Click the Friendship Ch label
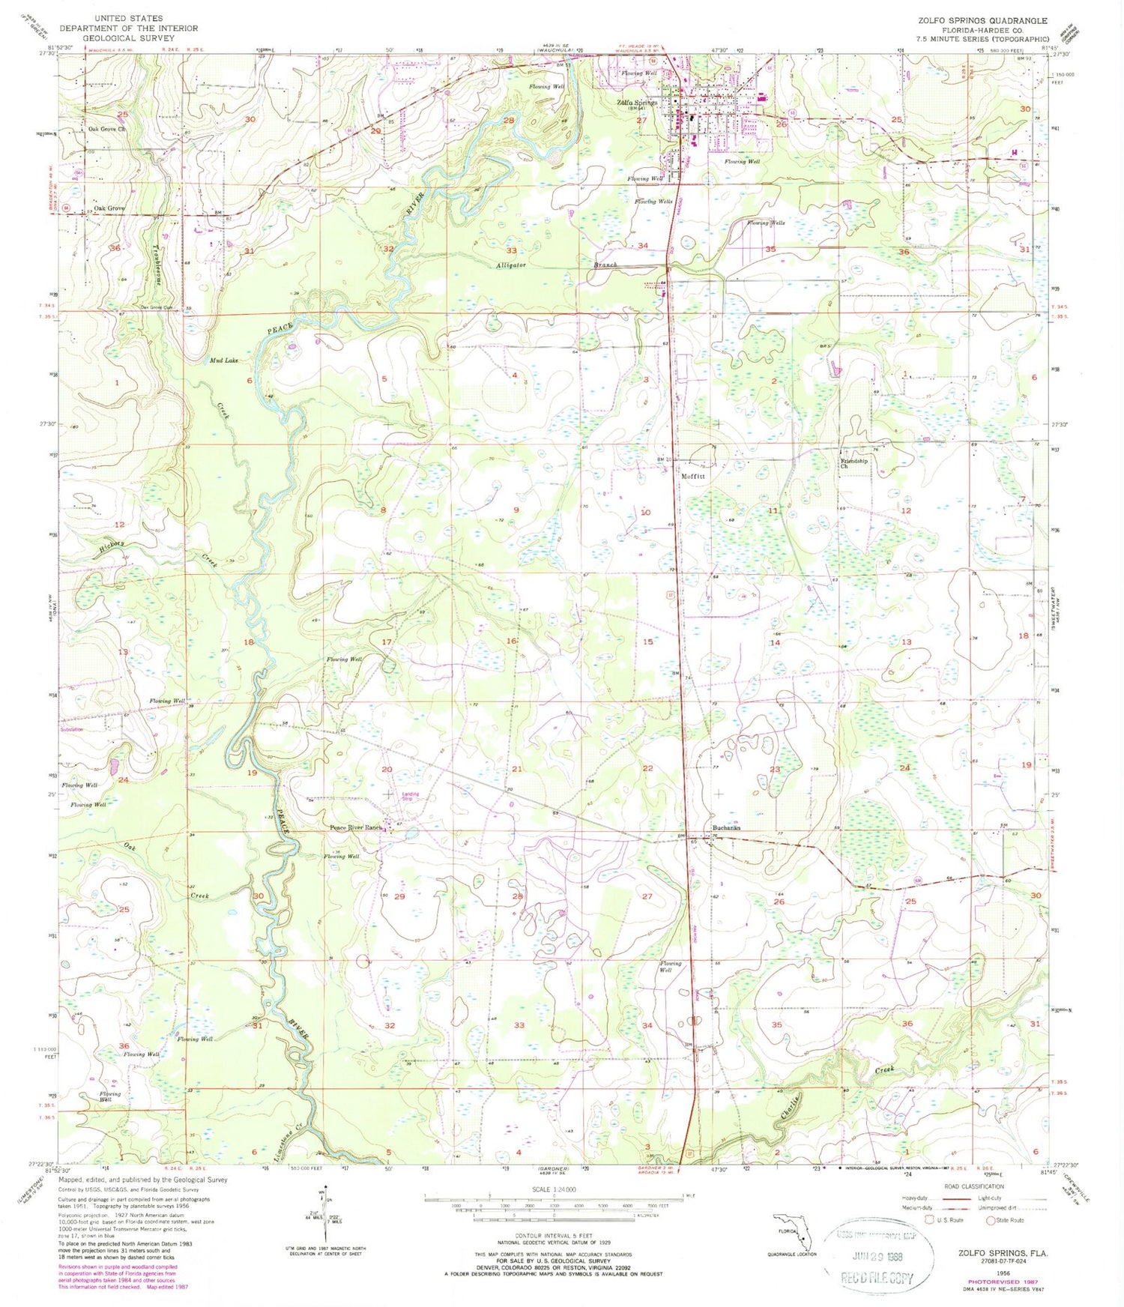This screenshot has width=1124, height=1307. (853, 463)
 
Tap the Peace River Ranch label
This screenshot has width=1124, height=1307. (357, 828)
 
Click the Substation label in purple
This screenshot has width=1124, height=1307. (72, 729)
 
